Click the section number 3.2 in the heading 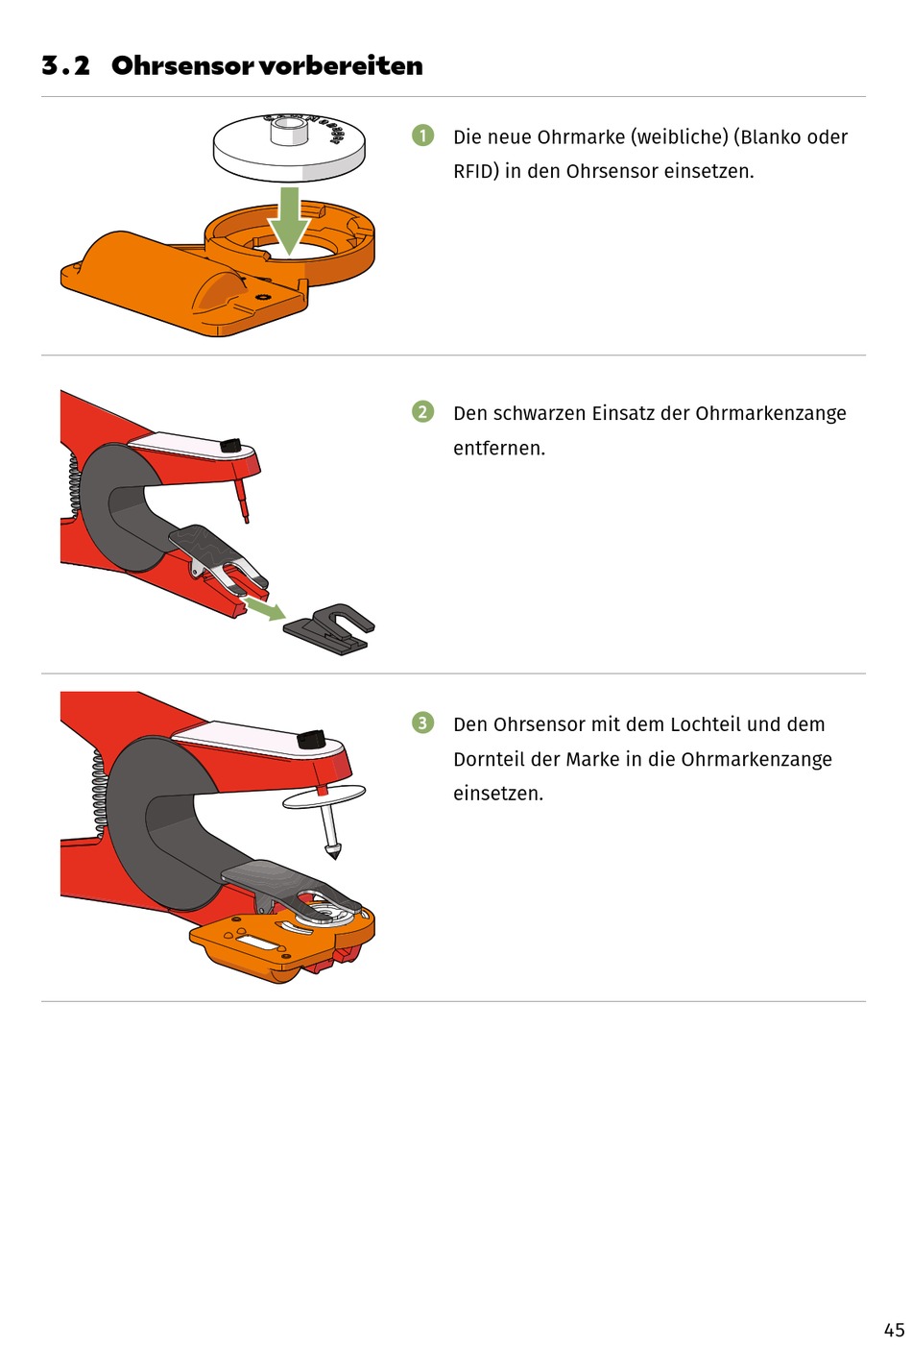pyautogui.click(x=65, y=65)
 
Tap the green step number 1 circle pyautogui.click(x=422, y=135)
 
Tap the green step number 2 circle pyautogui.click(x=422, y=412)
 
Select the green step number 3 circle pyautogui.click(x=422, y=722)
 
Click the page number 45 pyautogui.click(x=894, y=1330)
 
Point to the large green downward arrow pyautogui.click(x=289, y=220)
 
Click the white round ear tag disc pyautogui.click(x=289, y=147)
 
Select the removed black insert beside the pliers pyautogui.click(x=328, y=629)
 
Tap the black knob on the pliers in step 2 pyautogui.click(x=230, y=446)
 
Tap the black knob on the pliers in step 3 pyautogui.click(x=312, y=739)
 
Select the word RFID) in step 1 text pyautogui.click(x=476, y=171)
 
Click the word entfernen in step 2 pyautogui.click(x=497, y=448)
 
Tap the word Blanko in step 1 pyautogui.click(x=775, y=137)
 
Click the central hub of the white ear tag pyautogui.click(x=289, y=131)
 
